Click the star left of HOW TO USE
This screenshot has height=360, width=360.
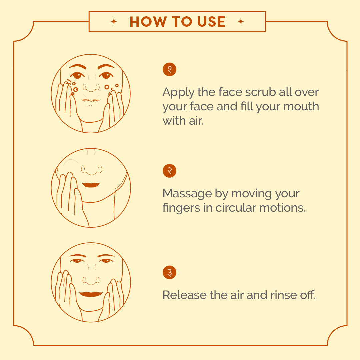[114, 22]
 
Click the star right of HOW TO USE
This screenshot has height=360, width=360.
[241, 22]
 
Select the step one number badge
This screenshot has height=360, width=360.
[169, 69]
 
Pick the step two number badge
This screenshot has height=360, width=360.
[169, 171]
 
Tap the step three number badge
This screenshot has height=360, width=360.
[169, 272]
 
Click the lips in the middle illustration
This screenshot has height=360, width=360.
[91, 185]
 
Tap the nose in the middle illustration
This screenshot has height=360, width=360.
[92, 170]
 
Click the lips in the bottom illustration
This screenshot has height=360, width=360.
[91, 294]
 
